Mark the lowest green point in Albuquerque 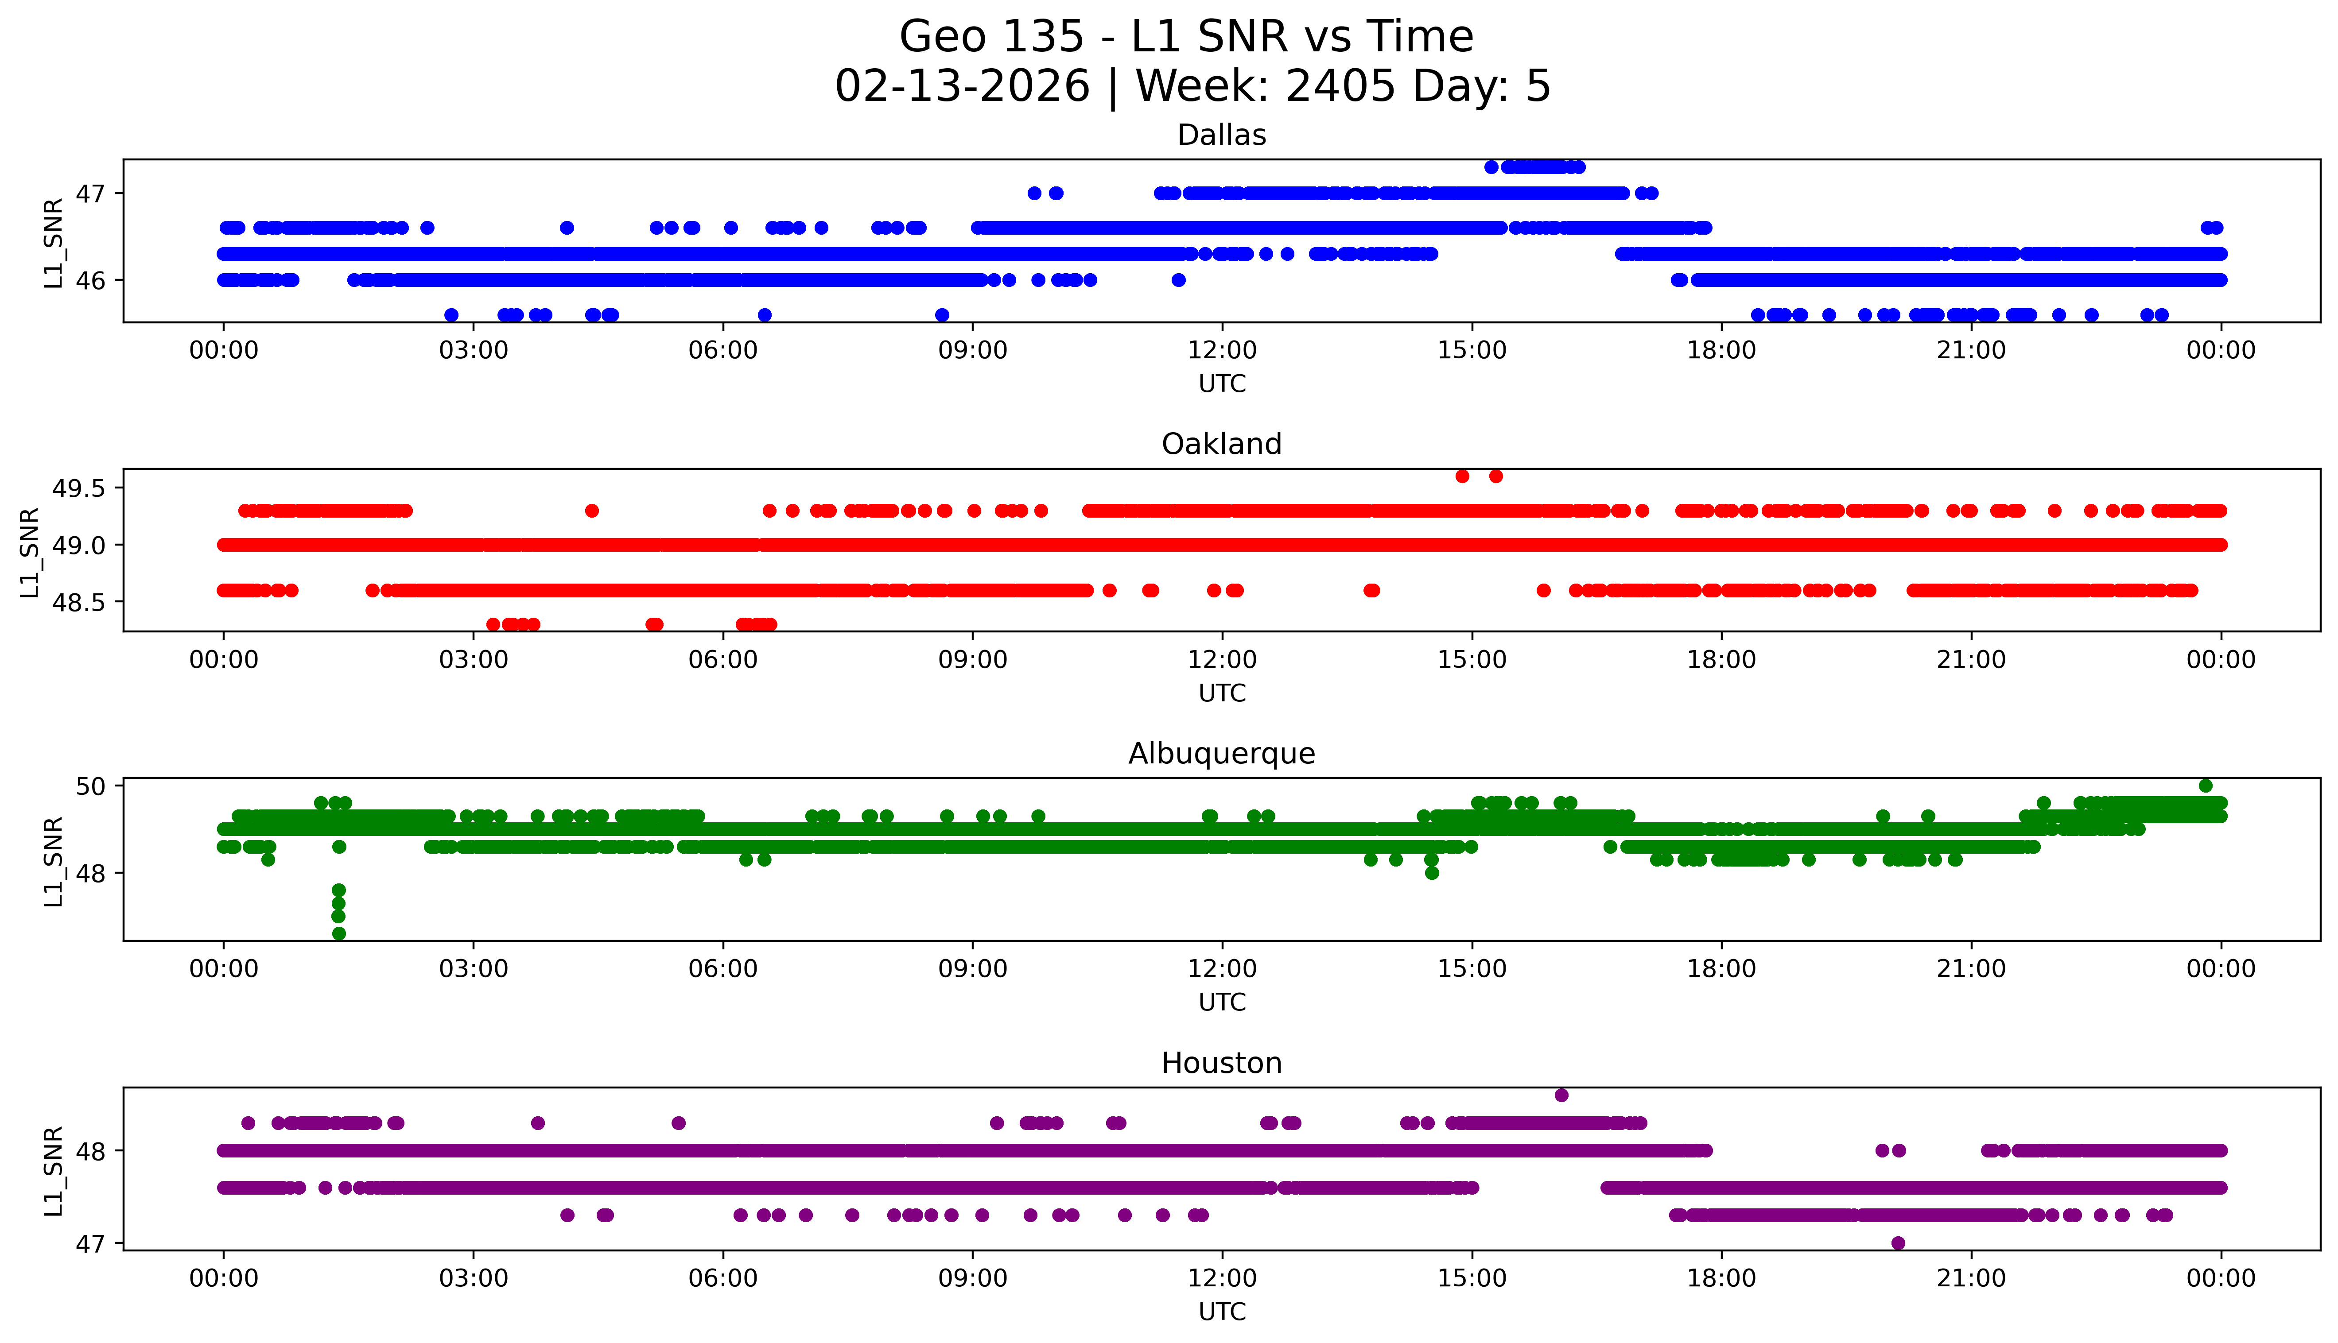[338, 933]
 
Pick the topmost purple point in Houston [1561, 1095]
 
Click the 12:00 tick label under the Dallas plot [1222, 351]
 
